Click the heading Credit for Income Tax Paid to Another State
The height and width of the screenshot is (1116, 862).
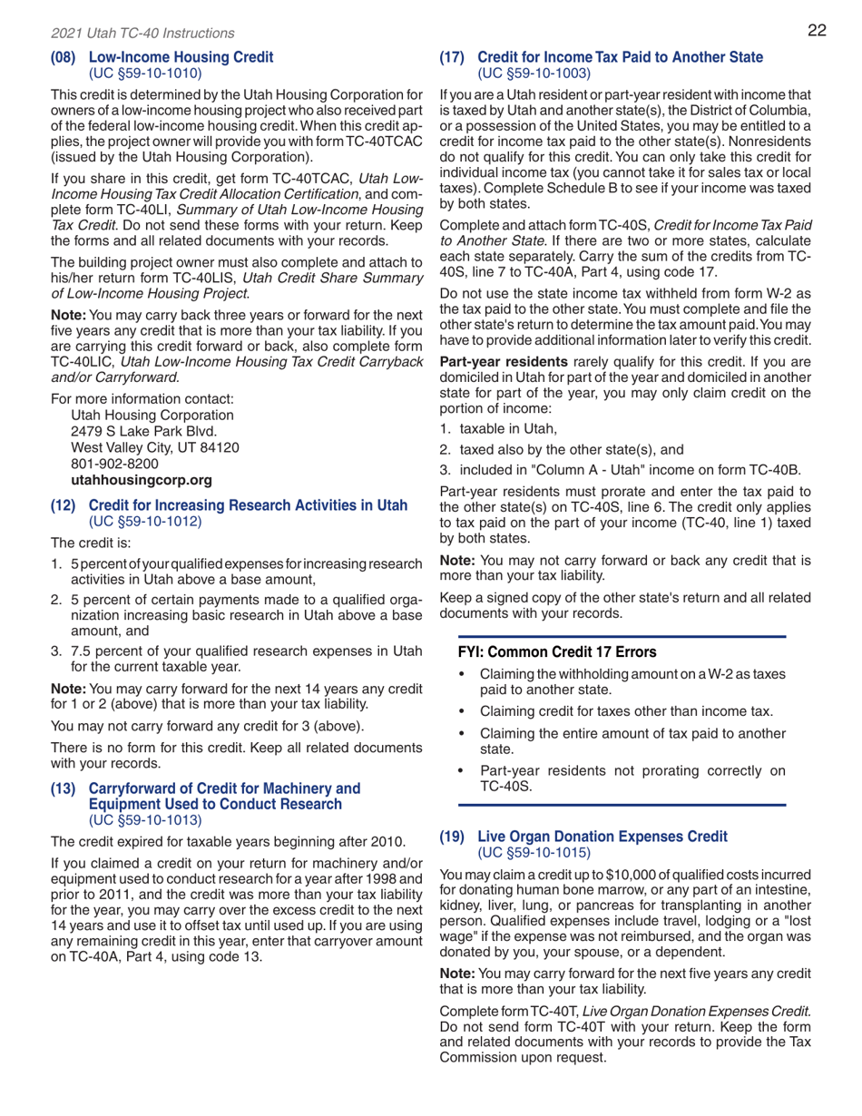point(620,58)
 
